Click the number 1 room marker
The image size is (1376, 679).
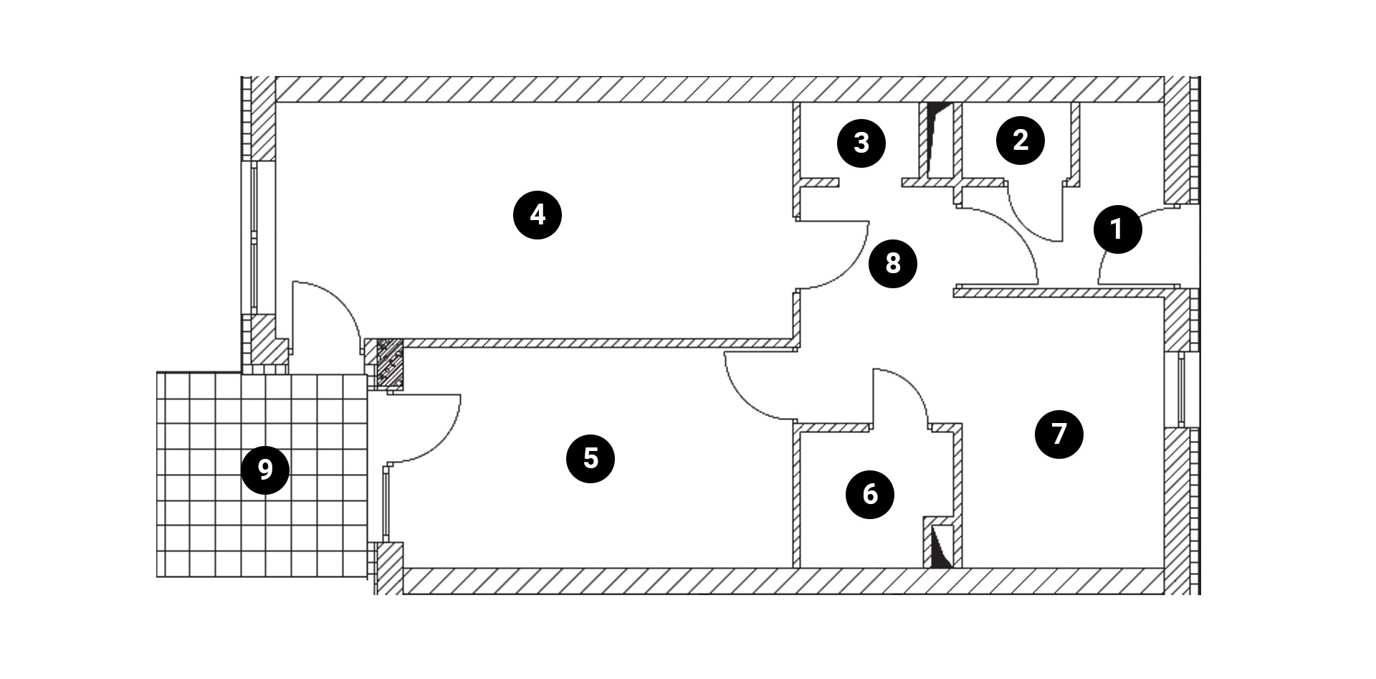(x=1117, y=229)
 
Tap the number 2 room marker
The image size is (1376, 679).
(x=1020, y=141)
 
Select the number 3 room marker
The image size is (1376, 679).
(x=861, y=143)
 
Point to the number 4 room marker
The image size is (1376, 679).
(x=537, y=214)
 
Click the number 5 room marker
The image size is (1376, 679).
(x=591, y=458)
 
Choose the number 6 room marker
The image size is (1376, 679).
(x=870, y=494)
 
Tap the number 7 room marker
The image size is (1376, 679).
(x=1059, y=434)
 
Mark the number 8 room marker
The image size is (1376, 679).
(x=892, y=263)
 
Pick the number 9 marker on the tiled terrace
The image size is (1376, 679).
(x=265, y=470)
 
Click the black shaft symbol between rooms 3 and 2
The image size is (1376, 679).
(x=936, y=140)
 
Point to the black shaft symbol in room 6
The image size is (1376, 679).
(x=939, y=549)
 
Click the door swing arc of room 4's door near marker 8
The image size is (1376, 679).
(x=850, y=266)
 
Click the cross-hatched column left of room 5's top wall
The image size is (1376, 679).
(x=391, y=364)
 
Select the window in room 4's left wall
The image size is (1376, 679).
(x=254, y=237)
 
